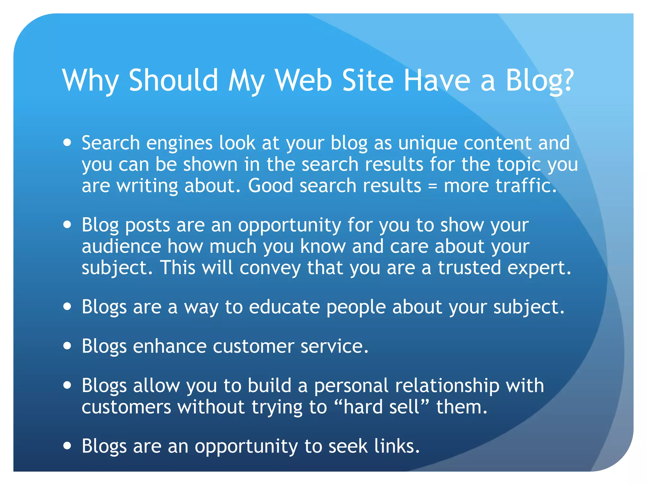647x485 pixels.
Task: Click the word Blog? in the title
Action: point(540,81)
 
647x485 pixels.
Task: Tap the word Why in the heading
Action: point(90,81)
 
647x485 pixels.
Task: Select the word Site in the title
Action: point(368,80)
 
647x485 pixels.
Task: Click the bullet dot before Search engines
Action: point(67,143)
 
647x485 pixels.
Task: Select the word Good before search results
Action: point(270,185)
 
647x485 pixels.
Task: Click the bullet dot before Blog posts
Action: point(67,225)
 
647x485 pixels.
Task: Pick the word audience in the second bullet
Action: point(121,246)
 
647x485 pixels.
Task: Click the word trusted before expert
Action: point(469,267)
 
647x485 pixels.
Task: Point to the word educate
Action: point(284,307)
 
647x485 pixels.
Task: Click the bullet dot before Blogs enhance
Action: point(67,346)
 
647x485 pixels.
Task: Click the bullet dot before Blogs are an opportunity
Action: point(67,446)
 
